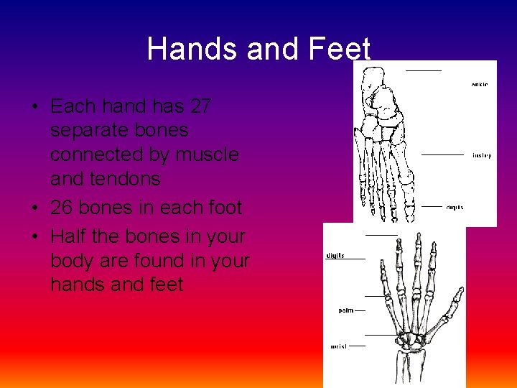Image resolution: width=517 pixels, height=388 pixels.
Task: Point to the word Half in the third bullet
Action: point(69,236)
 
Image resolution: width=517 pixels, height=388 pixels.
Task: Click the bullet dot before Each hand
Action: point(34,107)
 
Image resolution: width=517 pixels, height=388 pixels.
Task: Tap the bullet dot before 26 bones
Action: point(34,208)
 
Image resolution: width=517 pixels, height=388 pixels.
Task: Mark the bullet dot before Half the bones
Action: point(34,236)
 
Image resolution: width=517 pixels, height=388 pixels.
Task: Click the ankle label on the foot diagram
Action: point(480,85)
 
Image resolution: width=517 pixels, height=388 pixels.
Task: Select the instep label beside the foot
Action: point(482,155)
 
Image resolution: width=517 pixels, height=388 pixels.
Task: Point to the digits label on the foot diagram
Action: point(455,208)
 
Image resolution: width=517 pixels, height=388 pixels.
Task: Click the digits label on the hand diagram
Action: point(335,256)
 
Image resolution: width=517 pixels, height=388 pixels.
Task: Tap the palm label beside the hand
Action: point(345,310)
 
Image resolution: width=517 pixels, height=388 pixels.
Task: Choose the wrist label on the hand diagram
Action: point(339,346)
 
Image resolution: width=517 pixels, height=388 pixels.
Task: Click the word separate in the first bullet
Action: point(119,131)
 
